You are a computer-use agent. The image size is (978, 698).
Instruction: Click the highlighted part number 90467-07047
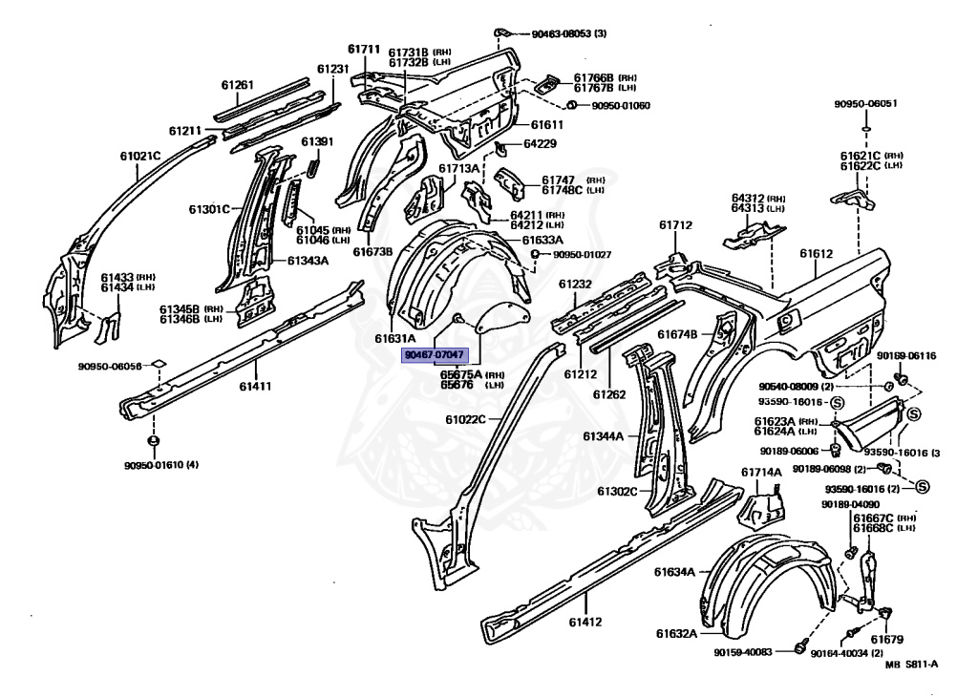(x=435, y=354)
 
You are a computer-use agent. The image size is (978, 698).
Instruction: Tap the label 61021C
(x=139, y=155)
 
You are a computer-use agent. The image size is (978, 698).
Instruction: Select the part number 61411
(x=256, y=386)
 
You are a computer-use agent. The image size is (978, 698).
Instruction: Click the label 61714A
(x=761, y=472)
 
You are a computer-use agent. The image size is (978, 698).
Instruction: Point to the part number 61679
(x=887, y=639)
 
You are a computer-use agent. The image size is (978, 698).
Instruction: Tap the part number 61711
(x=364, y=50)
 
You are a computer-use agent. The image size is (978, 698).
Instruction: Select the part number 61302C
(x=618, y=491)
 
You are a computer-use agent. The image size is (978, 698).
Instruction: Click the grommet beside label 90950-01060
(x=570, y=104)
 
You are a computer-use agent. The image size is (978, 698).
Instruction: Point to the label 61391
(x=317, y=142)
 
